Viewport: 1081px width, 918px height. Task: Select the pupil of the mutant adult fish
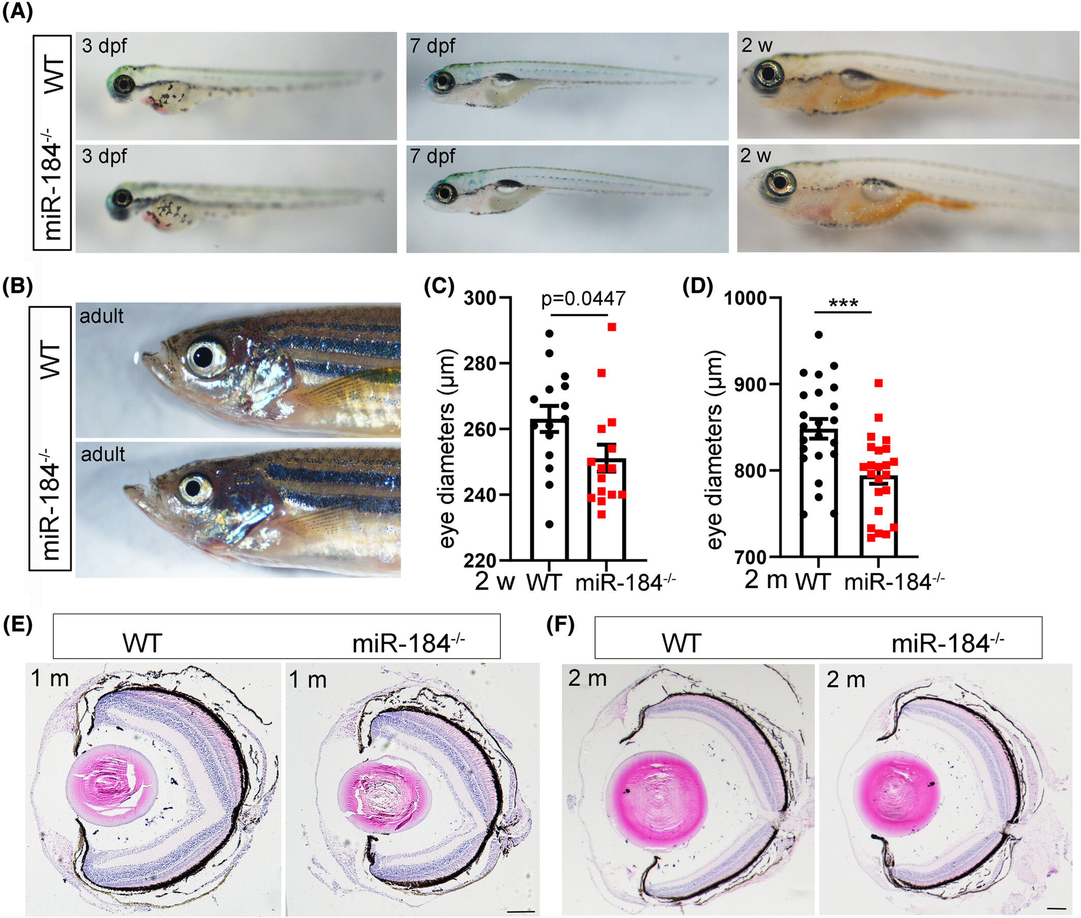pyautogui.click(x=194, y=487)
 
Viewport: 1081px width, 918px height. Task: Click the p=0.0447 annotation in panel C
pyautogui.click(x=583, y=299)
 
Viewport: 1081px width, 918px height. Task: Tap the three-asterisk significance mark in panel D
pyautogui.click(x=843, y=304)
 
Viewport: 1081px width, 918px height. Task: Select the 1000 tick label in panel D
pyautogui.click(x=745, y=298)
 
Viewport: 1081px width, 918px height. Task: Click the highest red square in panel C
pyautogui.click(x=612, y=327)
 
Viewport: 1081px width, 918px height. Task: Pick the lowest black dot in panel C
pyautogui.click(x=549, y=524)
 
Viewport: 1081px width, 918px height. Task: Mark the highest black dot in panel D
pyautogui.click(x=818, y=335)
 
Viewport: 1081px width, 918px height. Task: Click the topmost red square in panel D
pyautogui.click(x=878, y=383)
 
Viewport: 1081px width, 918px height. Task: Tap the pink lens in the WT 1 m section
pyautogui.click(x=111, y=789)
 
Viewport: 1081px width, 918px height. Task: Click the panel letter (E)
pyautogui.click(x=17, y=625)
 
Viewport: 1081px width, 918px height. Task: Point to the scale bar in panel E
pyautogui.click(x=520, y=911)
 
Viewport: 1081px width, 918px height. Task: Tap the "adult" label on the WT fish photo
pyautogui.click(x=101, y=316)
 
